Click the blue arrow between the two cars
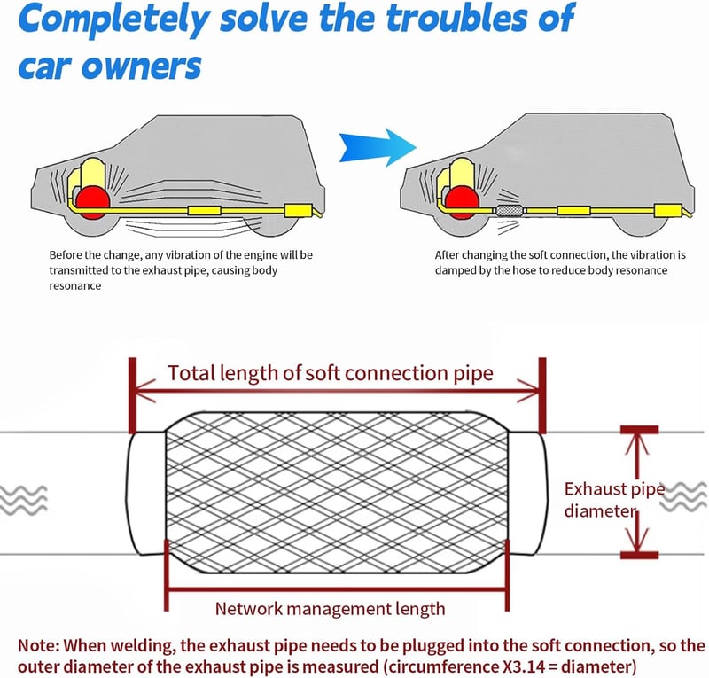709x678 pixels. coord(378,147)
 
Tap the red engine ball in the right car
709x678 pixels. coord(462,202)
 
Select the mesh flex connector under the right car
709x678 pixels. coord(510,210)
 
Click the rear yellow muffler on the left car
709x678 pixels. coord(299,211)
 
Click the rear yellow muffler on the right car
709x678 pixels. coord(668,210)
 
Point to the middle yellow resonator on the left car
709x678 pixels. coord(205,210)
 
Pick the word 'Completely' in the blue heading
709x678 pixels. coord(113,19)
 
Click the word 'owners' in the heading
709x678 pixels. coord(141,66)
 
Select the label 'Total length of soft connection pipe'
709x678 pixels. coord(331,374)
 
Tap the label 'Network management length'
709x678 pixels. coord(330,609)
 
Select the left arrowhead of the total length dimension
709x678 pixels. coord(144,391)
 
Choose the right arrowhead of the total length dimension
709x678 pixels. coord(529,391)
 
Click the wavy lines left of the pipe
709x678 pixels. coord(24,500)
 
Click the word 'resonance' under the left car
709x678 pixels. coord(75,286)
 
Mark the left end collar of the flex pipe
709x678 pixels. coord(145,494)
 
